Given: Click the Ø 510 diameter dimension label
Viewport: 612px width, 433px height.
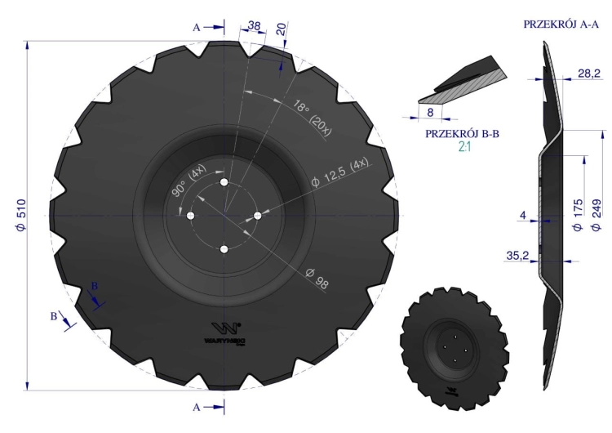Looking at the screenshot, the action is [x=21, y=215].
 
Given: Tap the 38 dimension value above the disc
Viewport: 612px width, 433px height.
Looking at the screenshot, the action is [x=254, y=26].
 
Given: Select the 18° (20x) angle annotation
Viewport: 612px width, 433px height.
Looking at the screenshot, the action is [x=312, y=118].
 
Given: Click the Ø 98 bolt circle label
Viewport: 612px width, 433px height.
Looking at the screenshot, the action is [x=317, y=278].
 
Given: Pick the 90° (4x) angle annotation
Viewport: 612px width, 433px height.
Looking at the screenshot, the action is [x=188, y=181].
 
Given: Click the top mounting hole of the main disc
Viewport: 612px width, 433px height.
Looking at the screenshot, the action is [x=224, y=182].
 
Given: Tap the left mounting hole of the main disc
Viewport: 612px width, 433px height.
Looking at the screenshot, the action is [x=190, y=216].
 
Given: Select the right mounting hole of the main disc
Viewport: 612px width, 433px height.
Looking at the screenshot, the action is [x=258, y=216].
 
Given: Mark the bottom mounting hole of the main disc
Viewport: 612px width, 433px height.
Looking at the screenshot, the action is [x=224, y=249].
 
